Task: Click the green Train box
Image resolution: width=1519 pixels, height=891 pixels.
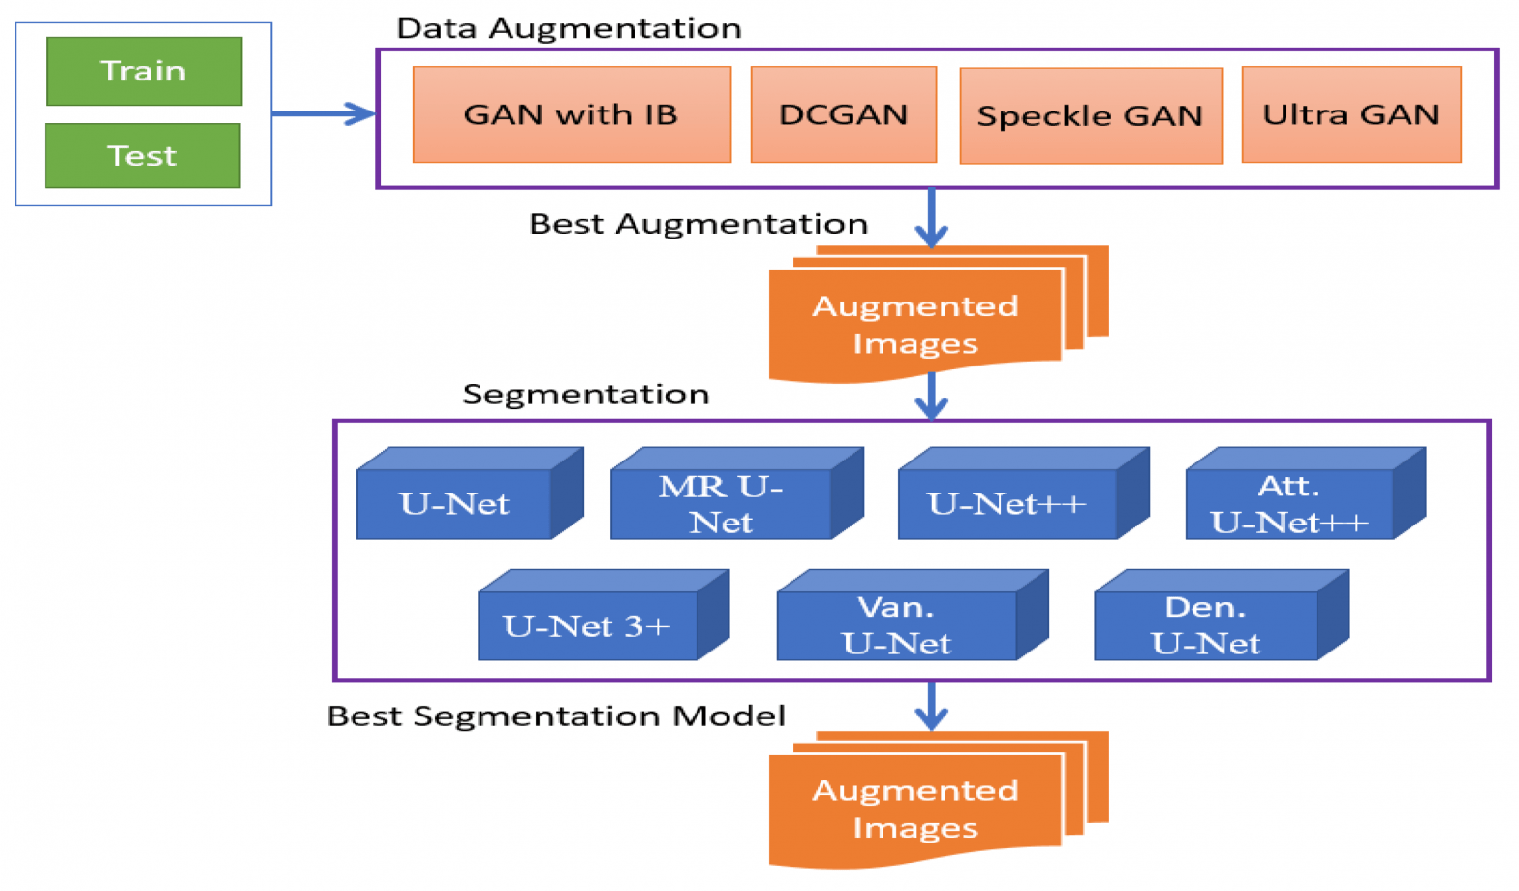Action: click(144, 71)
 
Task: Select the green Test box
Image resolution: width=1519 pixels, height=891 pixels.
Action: click(142, 155)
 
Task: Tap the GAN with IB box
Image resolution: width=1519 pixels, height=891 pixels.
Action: click(572, 114)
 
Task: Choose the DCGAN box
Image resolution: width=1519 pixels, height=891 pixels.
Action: click(843, 114)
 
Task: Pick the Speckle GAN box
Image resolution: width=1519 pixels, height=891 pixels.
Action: click(1090, 115)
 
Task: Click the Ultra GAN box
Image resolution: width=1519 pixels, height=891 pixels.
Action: click(1350, 114)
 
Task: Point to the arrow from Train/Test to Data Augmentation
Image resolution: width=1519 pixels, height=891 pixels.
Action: click(324, 113)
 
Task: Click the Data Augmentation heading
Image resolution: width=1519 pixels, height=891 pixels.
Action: click(569, 28)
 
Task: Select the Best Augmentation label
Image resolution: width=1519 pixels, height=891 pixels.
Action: click(697, 224)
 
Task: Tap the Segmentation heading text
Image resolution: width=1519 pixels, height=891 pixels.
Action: click(585, 394)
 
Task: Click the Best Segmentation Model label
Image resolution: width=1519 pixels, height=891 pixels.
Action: click(556, 716)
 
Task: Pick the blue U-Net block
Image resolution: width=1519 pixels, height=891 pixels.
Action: click(455, 503)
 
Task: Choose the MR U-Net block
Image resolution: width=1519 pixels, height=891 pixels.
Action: click(722, 503)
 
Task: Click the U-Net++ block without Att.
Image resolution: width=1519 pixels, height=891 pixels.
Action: click(1007, 503)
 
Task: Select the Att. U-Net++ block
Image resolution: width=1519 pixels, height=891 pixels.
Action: click(1289, 503)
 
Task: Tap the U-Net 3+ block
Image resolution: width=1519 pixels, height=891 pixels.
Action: click(588, 625)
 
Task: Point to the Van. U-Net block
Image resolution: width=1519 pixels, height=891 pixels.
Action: click(897, 625)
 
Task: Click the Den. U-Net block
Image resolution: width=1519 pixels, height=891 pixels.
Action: click(1206, 625)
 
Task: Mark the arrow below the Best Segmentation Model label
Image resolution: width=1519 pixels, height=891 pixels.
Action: click(931, 706)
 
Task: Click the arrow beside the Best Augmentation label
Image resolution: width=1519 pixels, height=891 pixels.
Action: click(931, 218)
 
